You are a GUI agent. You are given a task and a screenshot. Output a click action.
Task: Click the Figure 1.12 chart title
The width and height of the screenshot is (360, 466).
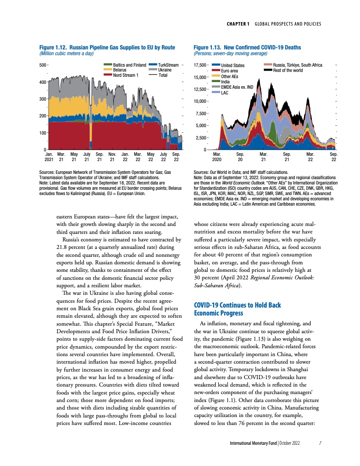click(107, 47)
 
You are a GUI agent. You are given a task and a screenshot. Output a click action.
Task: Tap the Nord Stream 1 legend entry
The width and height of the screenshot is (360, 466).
click(126, 75)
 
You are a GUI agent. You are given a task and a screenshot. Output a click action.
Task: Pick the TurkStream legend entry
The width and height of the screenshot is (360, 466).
click(168, 65)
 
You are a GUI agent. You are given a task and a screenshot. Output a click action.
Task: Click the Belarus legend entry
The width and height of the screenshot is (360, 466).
click(120, 70)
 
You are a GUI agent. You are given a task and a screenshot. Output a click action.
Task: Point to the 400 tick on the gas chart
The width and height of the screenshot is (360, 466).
click(42, 82)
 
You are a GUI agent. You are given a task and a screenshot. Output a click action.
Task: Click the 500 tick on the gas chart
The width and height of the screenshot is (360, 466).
click(42, 65)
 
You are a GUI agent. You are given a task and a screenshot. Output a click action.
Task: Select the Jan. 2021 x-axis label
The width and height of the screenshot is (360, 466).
click(49, 157)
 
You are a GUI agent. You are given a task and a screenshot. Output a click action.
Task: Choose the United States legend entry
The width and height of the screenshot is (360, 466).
click(233, 66)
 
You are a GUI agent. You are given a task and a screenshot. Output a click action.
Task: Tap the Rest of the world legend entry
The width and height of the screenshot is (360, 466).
click(288, 70)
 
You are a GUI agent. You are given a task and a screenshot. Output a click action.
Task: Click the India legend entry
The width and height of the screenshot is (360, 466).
click(226, 82)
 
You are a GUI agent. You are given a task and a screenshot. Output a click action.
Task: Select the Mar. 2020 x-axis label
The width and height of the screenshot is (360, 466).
click(217, 157)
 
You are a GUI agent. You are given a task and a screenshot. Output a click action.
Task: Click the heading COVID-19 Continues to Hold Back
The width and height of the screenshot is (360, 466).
click(237, 305)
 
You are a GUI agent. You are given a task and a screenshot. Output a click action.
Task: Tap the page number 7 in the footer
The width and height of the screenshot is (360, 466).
click(320, 443)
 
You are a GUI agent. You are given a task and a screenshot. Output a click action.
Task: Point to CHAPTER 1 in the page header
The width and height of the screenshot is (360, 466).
click(239, 23)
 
